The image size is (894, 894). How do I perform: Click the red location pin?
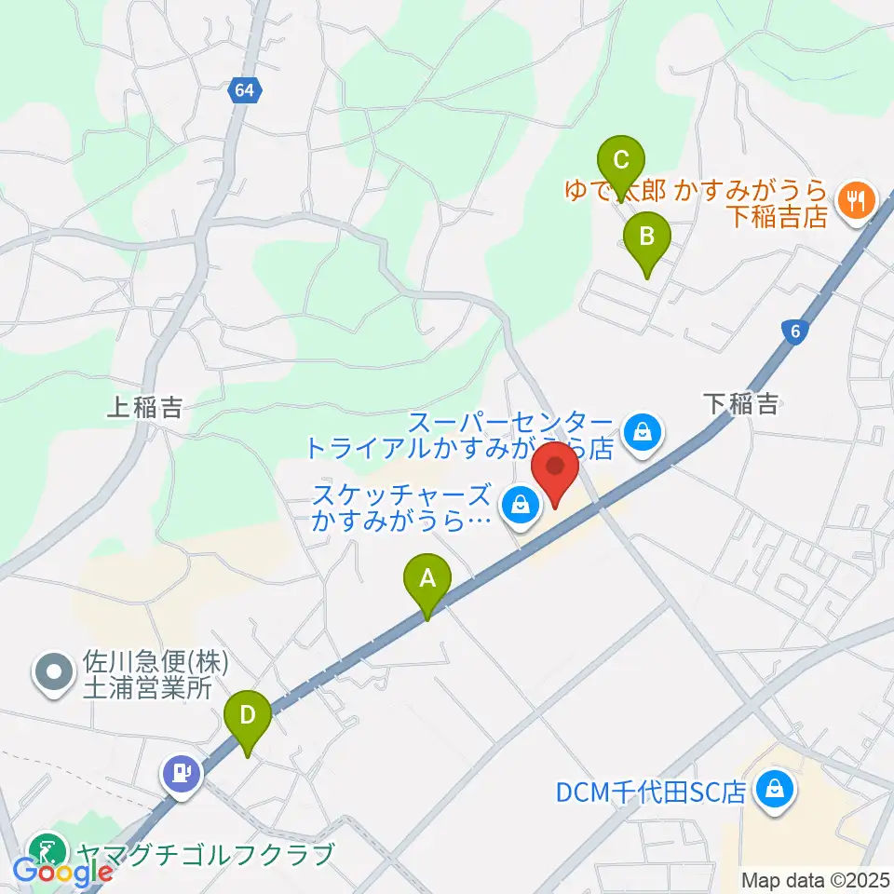555,471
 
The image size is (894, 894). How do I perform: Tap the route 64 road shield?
245,90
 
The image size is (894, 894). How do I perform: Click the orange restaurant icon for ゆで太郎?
853,198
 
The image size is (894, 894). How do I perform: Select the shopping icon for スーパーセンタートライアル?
643,431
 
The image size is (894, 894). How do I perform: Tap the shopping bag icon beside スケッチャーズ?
518,506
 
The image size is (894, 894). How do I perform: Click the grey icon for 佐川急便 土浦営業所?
52,672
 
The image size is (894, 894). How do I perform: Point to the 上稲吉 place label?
144,407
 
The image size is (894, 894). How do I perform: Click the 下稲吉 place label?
740,403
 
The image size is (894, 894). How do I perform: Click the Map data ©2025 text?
816,880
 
